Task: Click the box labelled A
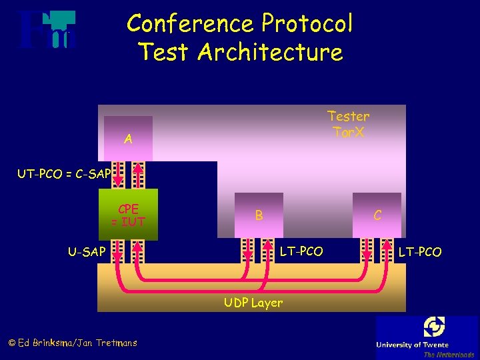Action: point(128,139)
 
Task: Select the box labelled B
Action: point(259,215)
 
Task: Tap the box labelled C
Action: point(377,215)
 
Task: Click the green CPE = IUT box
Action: point(128,214)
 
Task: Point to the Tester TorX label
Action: point(348,124)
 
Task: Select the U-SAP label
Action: point(87,251)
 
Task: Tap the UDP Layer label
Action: point(253,303)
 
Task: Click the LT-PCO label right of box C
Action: point(419,251)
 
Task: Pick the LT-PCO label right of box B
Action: point(301,251)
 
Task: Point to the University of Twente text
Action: point(412,345)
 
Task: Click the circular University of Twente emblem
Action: point(434,327)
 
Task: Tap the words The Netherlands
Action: point(448,355)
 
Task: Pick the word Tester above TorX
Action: point(348,116)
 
